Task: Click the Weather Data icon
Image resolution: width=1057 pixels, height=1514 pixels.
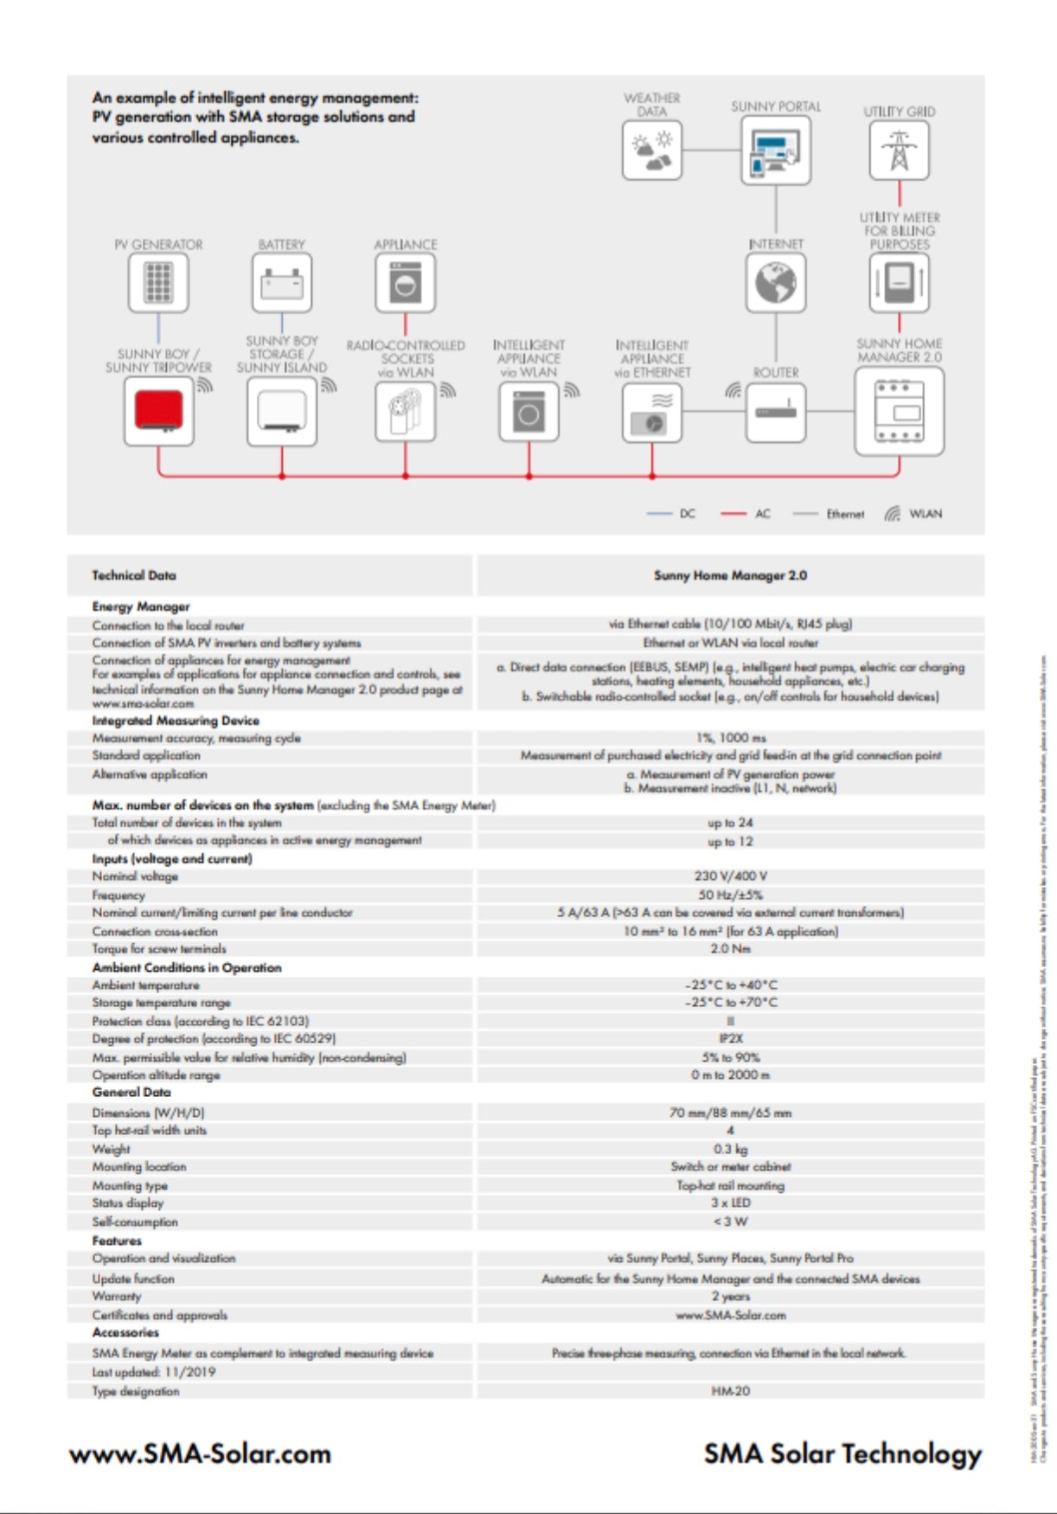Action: coord(652,151)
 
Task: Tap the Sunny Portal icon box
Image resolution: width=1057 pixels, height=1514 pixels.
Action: coord(775,151)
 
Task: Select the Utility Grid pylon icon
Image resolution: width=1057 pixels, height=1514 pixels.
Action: coord(899,151)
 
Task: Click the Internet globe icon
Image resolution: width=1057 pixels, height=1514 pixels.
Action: coord(776,282)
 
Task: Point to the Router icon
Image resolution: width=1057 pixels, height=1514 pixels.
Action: coord(776,412)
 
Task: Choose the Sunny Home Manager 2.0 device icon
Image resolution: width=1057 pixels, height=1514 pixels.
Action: coord(899,411)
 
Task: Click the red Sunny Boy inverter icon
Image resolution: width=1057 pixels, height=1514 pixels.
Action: coord(158,412)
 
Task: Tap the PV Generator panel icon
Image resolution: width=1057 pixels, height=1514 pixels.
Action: coord(158,282)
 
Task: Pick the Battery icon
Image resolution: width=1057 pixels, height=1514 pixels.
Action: coord(282,282)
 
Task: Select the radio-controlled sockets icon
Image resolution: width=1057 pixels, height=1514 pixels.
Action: coord(405,412)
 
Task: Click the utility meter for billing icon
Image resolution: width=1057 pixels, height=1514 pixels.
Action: coord(899,282)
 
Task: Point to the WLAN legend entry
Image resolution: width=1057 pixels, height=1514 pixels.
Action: coord(913,514)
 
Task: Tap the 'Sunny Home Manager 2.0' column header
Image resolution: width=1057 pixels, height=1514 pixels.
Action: coord(730,575)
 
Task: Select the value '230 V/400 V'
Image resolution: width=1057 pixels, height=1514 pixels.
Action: coord(730,876)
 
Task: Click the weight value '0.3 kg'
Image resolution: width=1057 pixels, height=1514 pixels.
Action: coord(730,1149)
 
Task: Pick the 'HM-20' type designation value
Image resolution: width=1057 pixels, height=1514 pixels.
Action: coord(730,1391)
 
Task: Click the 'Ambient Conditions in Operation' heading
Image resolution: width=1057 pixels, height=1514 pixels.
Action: coord(187,967)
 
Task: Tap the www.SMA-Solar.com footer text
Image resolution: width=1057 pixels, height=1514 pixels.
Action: coord(200,1453)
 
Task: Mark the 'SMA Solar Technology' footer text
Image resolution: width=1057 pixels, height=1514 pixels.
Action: coord(842,1453)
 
